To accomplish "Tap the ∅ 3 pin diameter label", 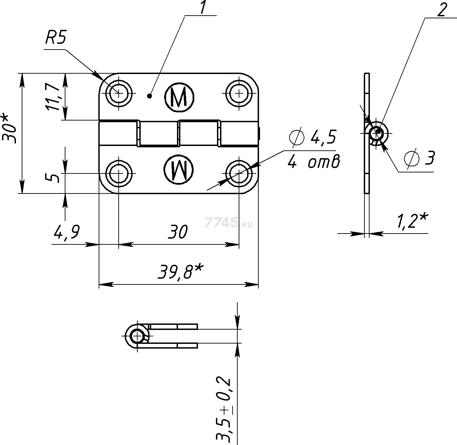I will (x=419, y=158).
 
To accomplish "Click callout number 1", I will (x=203, y=8).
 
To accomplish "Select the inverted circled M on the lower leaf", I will (x=178, y=169).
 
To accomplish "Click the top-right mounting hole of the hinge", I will (x=239, y=93).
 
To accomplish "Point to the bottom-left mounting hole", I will (x=119, y=173).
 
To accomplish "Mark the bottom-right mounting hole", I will (x=239, y=173).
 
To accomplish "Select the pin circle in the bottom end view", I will (x=138, y=336).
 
